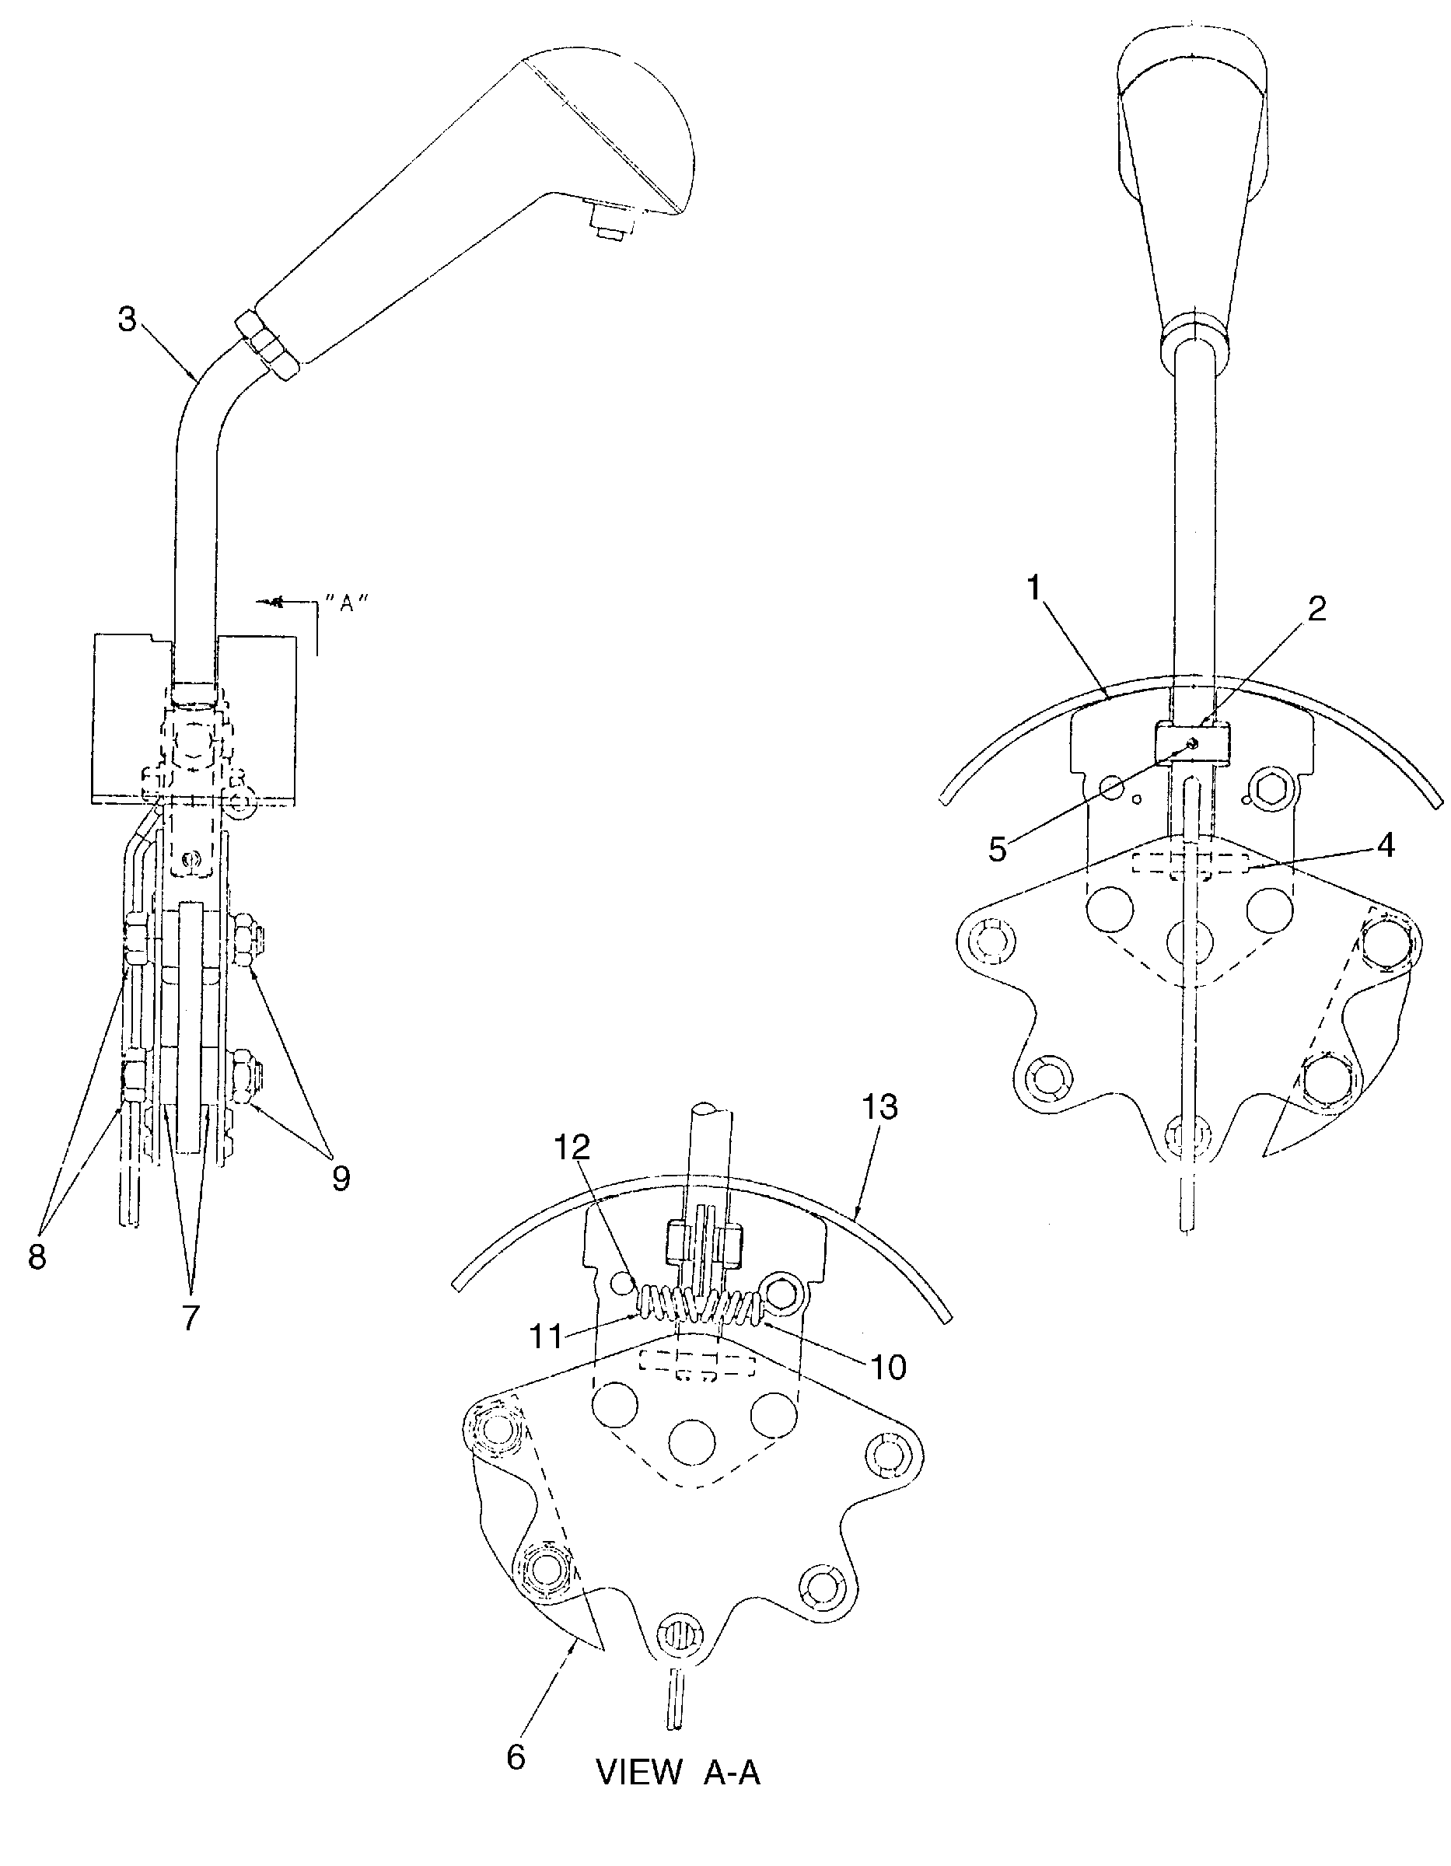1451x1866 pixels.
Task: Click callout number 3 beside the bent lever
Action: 127,320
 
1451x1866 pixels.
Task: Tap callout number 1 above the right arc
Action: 1035,589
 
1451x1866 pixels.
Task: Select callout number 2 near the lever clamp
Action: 1316,608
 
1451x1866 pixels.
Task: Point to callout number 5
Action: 997,850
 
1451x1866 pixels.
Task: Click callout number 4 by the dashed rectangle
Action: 1385,845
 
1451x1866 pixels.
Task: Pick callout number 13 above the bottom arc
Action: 880,1106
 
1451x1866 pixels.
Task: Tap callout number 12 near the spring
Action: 572,1148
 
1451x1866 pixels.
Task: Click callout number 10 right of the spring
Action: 888,1367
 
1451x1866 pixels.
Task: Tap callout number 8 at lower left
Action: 37,1256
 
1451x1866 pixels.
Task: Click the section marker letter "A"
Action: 347,602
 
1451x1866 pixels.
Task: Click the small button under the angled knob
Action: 610,224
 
